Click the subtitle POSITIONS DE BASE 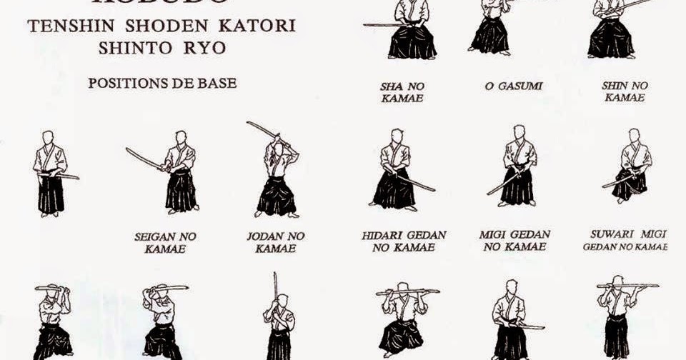pos(162,83)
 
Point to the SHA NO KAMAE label pos(402,91)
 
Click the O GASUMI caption pos(513,86)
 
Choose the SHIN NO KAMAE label pos(625,91)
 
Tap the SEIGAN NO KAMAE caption pos(165,243)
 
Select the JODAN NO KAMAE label pos(275,243)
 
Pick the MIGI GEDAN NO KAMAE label pos(515,241)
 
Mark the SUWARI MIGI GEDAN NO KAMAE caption pos(625,240)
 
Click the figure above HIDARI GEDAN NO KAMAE pos(395,171)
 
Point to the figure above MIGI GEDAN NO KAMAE pos(519,169)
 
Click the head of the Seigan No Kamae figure pos(181,136)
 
